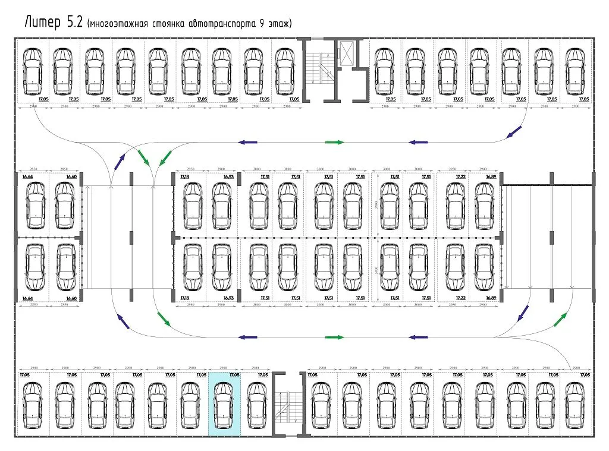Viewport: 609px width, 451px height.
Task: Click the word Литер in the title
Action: point(42,23)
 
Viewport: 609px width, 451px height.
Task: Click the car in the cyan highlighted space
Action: point(223,405)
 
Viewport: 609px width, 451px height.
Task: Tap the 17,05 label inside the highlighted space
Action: point(234,376)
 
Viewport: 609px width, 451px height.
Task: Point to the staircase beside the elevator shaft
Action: point(320,68)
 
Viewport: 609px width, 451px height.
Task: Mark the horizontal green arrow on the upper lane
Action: point(335,143)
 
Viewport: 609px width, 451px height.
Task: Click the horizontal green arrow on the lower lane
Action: point(335,337)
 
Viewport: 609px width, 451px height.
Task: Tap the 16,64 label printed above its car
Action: point(27,176)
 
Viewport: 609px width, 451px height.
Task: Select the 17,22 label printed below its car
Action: point(460,297)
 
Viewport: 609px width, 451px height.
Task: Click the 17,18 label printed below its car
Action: point(184,297)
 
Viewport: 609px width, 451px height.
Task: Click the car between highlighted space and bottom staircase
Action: point(255,405)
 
